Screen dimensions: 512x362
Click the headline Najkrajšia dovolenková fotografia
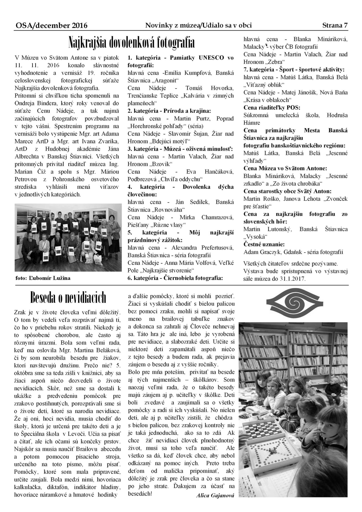click(131, 43)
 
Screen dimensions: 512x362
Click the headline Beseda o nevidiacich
click(68, 298)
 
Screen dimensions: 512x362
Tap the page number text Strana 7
click(335, 25)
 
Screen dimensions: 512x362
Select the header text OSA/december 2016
click(51, 26)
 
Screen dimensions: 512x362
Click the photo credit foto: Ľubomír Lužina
click(43, 278)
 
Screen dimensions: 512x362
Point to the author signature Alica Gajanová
click(215, 495)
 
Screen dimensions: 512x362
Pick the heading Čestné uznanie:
click(264, 244)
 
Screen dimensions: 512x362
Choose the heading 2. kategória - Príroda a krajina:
click(169, 111)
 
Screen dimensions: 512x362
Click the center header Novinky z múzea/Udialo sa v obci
click(198, 25)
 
